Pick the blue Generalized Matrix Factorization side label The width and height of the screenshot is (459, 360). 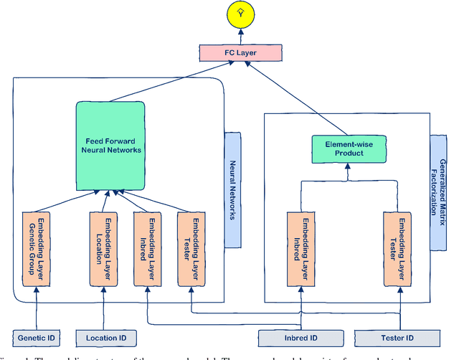click(440, 193)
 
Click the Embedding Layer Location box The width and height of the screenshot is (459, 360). click(101, 248)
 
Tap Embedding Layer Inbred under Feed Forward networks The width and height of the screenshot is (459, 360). click(146, 248)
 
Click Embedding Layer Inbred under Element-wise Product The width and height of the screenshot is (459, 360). click(301, 248)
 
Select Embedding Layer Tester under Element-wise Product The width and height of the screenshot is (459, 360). click(400, 248)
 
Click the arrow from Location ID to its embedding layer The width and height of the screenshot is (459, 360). click(103, 308)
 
